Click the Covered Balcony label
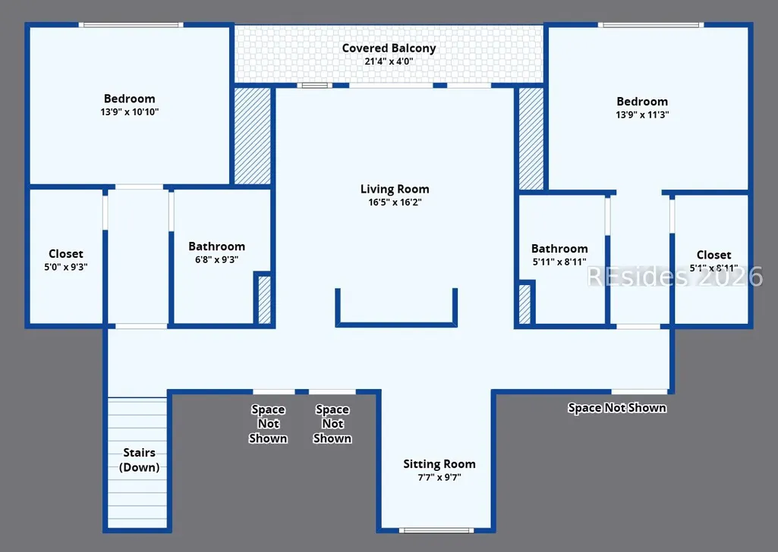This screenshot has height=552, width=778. click(389, 49)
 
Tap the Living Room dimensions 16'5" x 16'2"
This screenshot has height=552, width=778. click(395, 202)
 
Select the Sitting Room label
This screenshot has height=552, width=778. click(439, 464)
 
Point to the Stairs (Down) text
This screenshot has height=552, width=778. click(140, 459)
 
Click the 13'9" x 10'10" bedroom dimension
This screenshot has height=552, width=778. click(130, 112)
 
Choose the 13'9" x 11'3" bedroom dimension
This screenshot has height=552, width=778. click(642, 115)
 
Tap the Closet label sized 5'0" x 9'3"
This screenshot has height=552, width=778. click(66, 254)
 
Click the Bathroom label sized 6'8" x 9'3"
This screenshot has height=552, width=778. click(217, 246)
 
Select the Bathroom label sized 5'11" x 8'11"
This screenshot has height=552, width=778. click(559, 249)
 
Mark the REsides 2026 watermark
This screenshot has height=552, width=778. click(675, 277)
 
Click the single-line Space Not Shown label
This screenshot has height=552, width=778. click(617, 408)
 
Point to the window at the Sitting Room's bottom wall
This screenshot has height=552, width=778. click(436, 531)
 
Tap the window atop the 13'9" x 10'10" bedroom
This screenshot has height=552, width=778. click(131, 25)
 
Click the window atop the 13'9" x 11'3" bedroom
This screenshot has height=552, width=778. click(650, 25)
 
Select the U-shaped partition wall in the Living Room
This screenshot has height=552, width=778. click(396, 324)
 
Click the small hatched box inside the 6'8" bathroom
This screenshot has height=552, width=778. click(264, 300)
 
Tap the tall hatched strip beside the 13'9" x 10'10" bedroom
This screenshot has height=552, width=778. click(253, 136)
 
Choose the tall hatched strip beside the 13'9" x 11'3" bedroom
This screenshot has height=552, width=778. click(531, 139)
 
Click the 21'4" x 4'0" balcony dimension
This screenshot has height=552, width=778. click(389, 61)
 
